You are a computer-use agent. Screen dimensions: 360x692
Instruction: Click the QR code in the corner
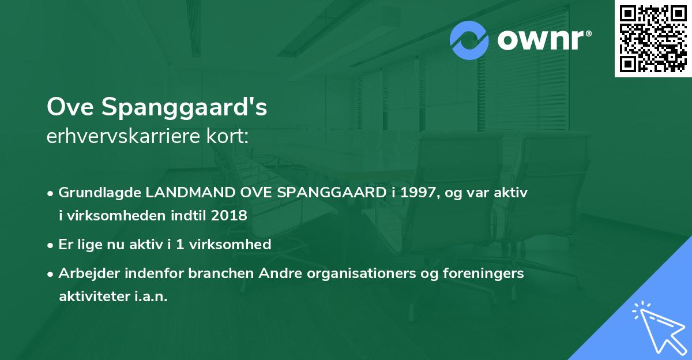(653, 39)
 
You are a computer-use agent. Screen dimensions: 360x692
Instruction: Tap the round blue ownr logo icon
(469, 40)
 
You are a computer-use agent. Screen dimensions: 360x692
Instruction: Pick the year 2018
(229, 216)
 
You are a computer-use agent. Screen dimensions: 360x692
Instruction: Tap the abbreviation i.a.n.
(149, 297)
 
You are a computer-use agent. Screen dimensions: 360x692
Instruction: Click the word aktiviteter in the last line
(93, 297)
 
